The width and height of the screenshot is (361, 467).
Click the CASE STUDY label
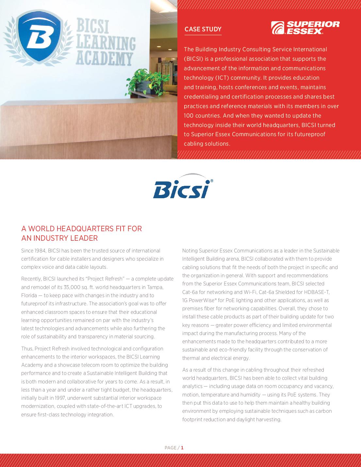(x=203, y=29)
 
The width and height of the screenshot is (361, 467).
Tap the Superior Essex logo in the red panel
(x=305, y=28)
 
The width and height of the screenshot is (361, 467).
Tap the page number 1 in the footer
(x=182, y=448)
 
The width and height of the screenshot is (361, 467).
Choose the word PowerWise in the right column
(x=203, y=300)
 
